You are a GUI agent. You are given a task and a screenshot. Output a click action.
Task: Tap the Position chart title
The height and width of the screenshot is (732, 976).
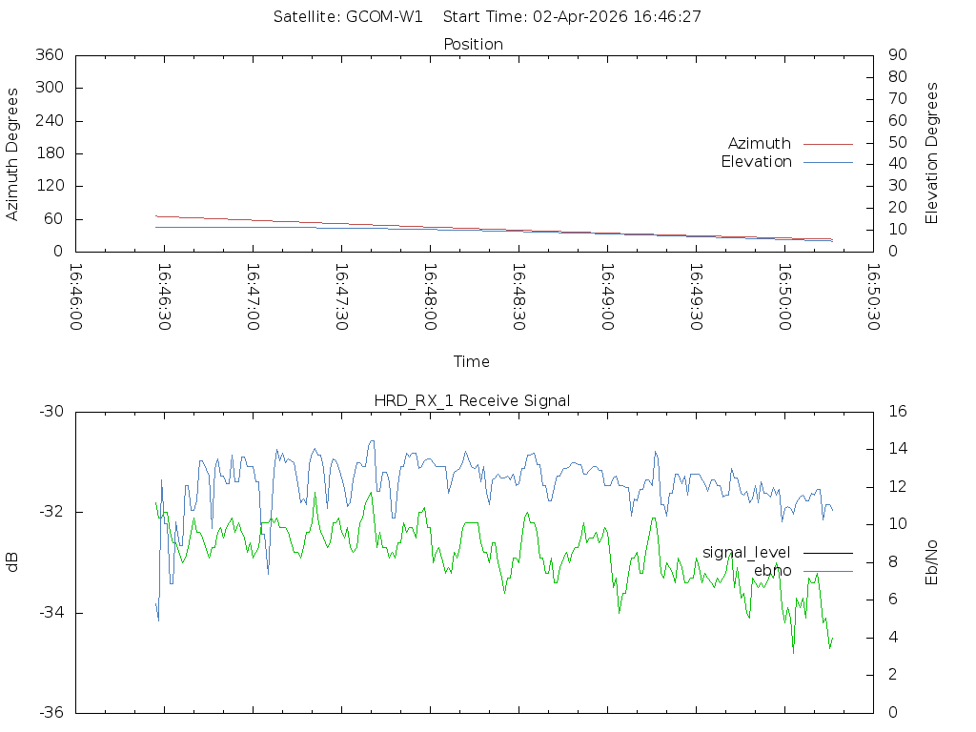pyautogui.click(x=474, y=44)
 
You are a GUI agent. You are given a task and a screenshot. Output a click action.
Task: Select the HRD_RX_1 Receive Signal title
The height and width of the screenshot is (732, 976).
pyautogui.click(x=472, y=400)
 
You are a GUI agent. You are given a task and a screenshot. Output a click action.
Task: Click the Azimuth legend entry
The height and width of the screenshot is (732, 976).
pyautogui.click(x=760, y=143)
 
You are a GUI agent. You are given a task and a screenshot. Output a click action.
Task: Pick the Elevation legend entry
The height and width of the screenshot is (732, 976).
pyautogui.click(x=757, y=162)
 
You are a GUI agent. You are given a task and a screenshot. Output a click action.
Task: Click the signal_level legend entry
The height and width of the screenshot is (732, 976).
pyautogui.click(x=746, y=553)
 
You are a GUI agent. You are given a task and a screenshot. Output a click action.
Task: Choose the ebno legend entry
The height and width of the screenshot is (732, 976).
pyautogui.click(x=772, y=571)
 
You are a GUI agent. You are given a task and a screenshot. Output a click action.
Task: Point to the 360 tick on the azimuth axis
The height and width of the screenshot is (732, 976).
pyautogui.click(x=49, y=55)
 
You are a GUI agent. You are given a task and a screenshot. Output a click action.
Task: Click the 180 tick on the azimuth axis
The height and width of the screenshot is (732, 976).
pyautogui.click(x=49, y=153)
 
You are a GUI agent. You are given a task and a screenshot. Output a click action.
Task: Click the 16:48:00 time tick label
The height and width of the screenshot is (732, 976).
pyautogui.click(x=430, y=297)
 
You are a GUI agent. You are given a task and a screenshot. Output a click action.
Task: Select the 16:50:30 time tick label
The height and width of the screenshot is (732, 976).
pyautogui.click(x=871, y=297)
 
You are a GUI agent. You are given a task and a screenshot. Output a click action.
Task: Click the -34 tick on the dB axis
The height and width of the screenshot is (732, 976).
pyautogui.click(x=51, y=613)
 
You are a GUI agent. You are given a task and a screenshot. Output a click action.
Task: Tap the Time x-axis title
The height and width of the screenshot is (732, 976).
pyautogui.click(x=472, y=361)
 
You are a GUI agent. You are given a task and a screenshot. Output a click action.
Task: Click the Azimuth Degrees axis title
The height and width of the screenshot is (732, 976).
pyautogui.click(x=13, y=153)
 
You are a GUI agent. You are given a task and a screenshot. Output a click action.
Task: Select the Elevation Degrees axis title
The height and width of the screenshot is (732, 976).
pyautogui.click(x=932, y=153)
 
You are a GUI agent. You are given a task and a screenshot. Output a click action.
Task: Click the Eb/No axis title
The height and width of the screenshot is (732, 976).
pyautogui.click(x=932, y=561)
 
